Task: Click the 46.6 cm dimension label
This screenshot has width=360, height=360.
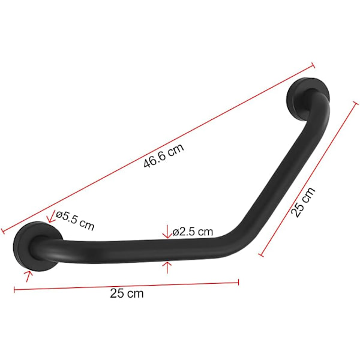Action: point(164,155)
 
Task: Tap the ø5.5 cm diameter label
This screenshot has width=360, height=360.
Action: point(76,221)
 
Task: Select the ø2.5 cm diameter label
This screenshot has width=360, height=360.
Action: point(193,232)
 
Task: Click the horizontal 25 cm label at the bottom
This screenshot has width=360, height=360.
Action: point(127,293)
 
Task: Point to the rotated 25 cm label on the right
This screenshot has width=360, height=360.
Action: point(303,202)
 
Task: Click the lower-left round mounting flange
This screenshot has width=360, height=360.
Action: point(38,247)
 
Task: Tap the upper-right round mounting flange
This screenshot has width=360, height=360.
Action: point(308,99)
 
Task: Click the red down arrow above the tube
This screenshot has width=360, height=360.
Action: point(167,232)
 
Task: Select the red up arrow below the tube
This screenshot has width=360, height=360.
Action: point(167,268)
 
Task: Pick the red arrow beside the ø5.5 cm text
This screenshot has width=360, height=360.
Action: point(51,217)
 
